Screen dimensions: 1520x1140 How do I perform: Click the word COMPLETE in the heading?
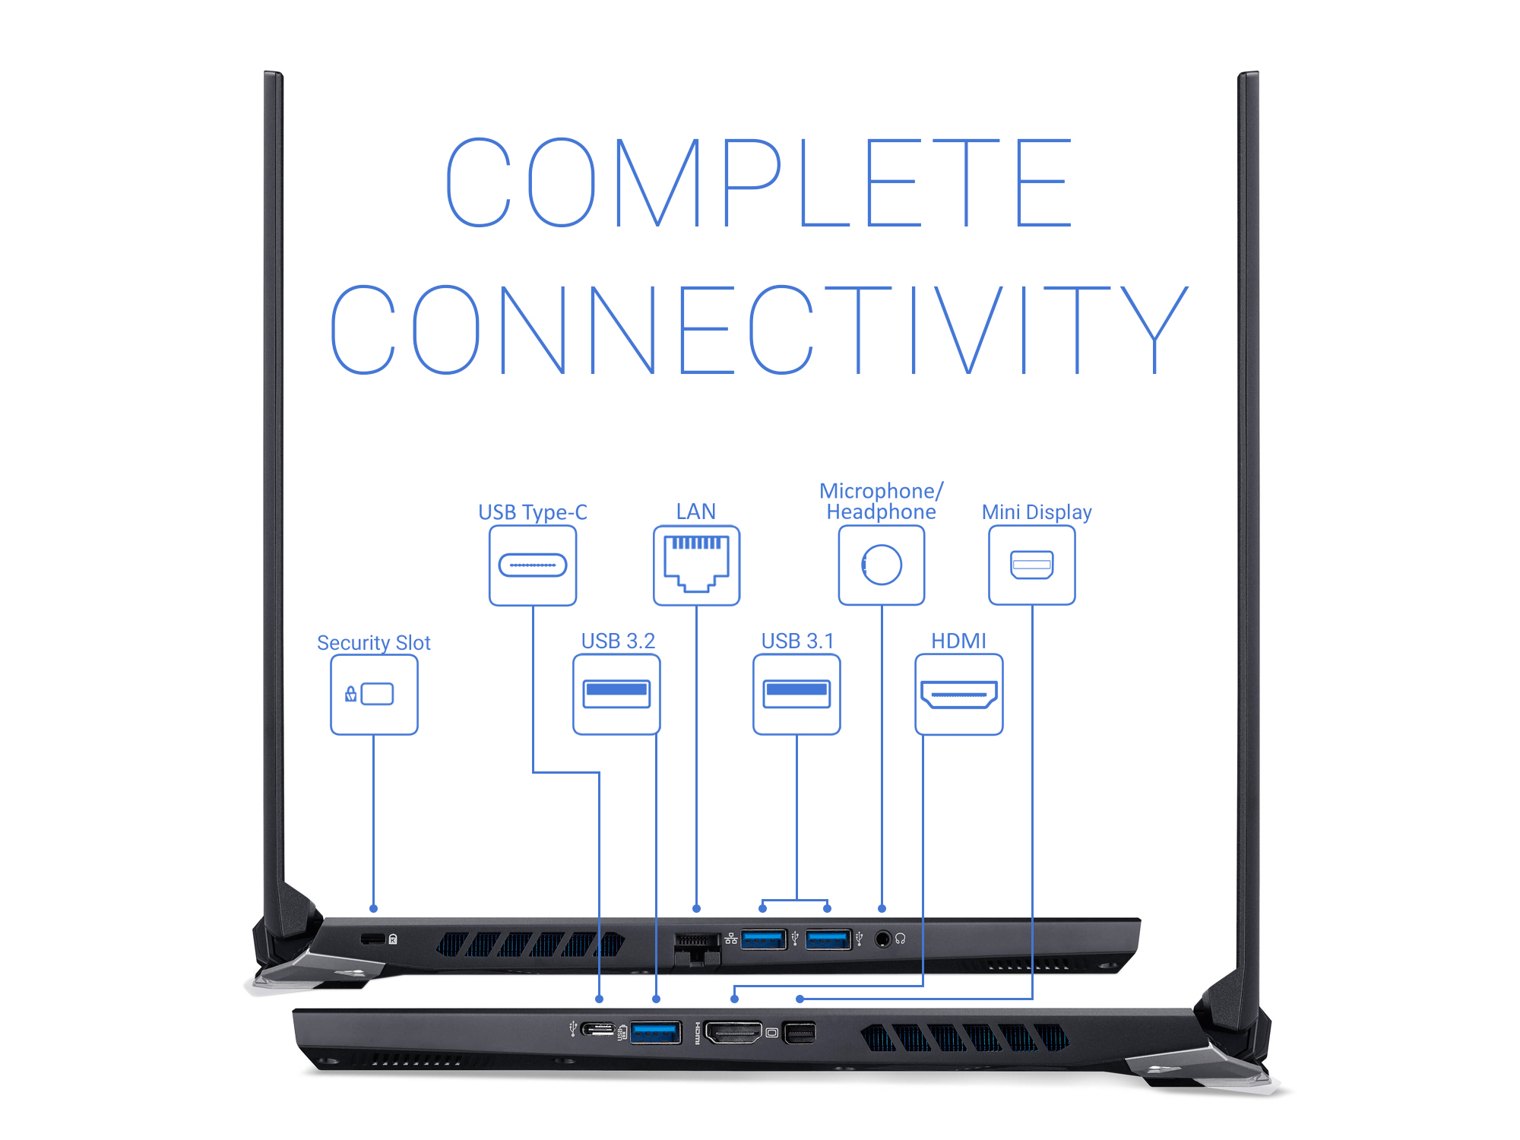[x=759, y=182]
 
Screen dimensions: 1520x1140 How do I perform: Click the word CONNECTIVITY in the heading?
[x=759, y=330]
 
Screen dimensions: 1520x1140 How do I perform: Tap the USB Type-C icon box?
[x=533, y=565]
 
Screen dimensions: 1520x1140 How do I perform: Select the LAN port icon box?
[x=696, y=565]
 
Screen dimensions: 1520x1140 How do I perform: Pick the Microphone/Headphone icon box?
[x=882, y=565]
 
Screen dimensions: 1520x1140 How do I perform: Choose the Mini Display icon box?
[x=1032, y=565]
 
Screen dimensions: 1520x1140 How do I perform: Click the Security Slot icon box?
[x=374, y=695]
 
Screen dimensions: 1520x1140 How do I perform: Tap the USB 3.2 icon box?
[x=616, y=695]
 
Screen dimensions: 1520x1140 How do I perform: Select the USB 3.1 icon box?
[x=796, y=695]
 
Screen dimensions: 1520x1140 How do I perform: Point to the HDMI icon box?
[x=959, y=695]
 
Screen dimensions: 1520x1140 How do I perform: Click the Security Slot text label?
[x=374, y=643]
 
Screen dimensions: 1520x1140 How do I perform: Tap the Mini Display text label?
[x=1037, y=512]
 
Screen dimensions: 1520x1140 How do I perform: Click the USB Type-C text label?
[x=533, y=512]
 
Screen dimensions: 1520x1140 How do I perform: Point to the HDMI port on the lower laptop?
[x=733, y=1032]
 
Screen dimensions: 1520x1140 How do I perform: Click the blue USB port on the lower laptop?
[x=655, y=1033]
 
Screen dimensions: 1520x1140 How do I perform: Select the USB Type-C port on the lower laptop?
[x=598, y=1030]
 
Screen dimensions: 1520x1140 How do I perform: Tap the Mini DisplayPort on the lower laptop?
[x=800, y=1033]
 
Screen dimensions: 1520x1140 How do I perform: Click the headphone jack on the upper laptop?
[x=882, y=939]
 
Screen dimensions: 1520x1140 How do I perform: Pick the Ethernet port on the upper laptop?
[x=697, y=948]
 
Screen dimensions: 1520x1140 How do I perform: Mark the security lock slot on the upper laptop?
[x=372, y=939]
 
